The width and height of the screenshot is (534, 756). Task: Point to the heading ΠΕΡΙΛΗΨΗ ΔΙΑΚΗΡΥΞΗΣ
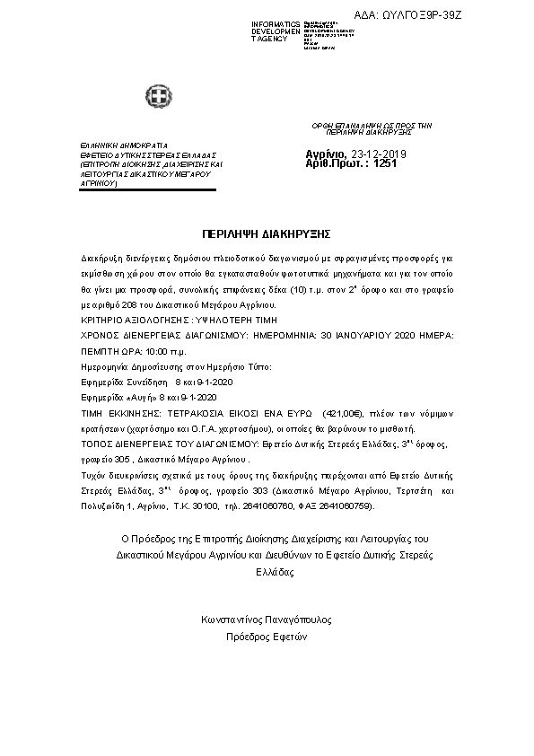point(267,232)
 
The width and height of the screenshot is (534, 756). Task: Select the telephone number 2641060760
point(302,505)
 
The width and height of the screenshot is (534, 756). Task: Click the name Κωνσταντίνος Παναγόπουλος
point(267,620)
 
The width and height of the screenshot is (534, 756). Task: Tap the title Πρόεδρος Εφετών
point(267,637)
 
